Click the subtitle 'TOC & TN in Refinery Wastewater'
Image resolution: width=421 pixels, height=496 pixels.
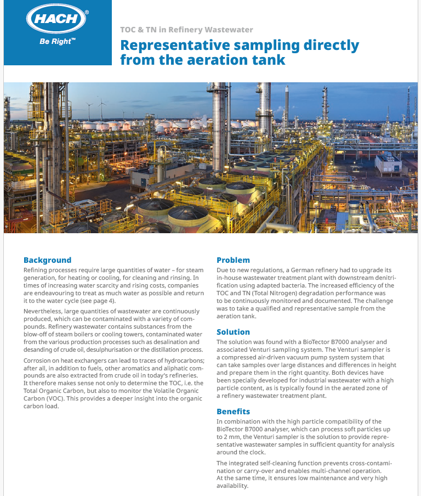coord(186,30)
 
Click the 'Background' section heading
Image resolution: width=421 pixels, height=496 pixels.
coord(47,260)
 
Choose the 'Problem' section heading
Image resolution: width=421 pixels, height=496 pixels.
coord(233,260)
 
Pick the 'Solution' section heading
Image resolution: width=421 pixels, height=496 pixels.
coord(233,332)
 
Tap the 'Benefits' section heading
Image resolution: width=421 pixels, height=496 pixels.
coord(233,412)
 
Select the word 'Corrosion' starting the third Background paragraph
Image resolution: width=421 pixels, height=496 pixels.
coord(39,360)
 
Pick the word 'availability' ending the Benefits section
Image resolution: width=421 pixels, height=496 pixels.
coord(232,486)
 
